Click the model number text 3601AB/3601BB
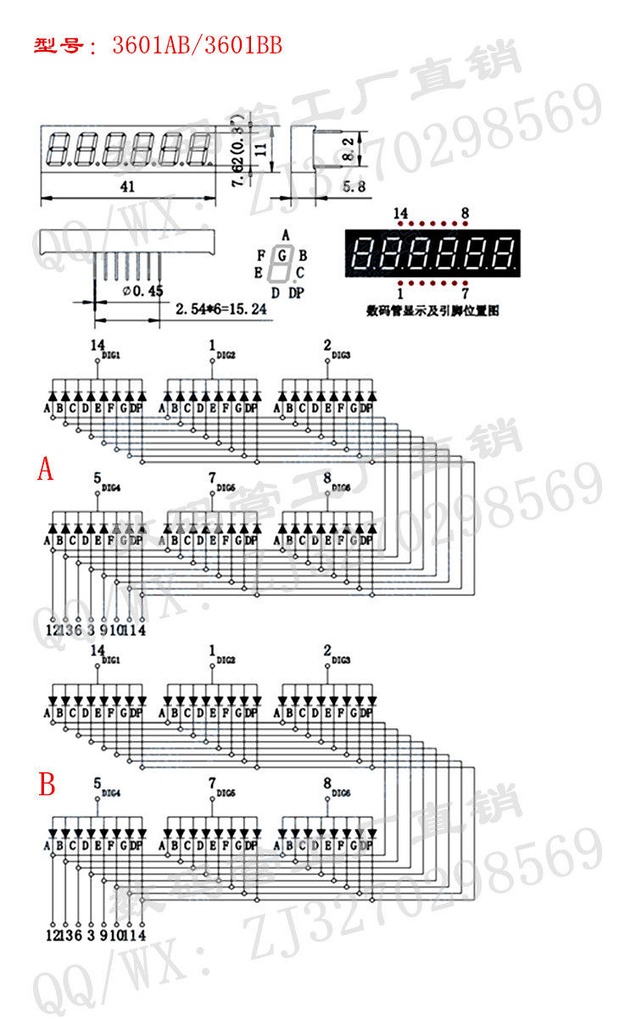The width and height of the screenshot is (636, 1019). pyautogui.click(x=197, y=45)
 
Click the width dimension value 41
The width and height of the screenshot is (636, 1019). pyautogui.click(x=127, y=188)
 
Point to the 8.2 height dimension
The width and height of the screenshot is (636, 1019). pyautogui.click(x=348, y=149)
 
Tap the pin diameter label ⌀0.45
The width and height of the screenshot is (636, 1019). pyautogui.click(x=142, y=291)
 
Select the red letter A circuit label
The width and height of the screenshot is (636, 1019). pyautogui.click(x=46, y=468)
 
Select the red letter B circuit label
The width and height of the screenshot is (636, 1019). pyautogui.click(x=47, y=784)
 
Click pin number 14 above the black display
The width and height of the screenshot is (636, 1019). pyautogui.click(x=401, y=214)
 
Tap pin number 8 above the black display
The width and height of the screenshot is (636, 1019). pyautogui.click(x=465, y=214)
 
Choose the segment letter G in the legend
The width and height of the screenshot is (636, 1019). pyautogui.click(x=284, y=253)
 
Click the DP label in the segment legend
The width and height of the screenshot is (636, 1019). pyautogui.click(x=295, y=293)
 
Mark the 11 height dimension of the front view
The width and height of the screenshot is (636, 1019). pyautogui.click(x=261, y=148)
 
